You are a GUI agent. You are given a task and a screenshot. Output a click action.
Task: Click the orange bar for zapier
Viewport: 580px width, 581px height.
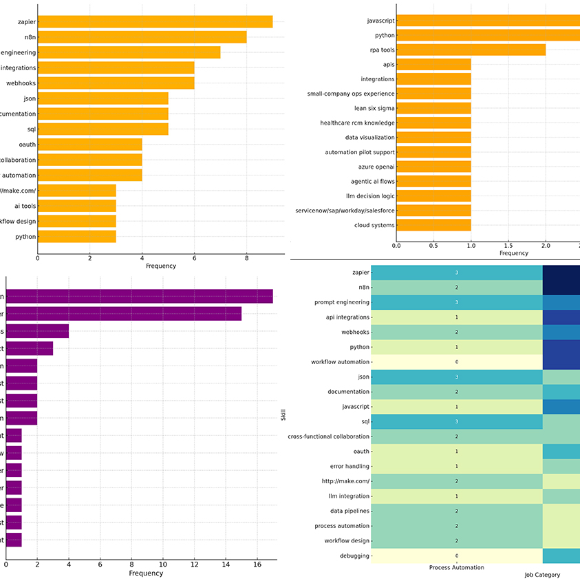point(155,22)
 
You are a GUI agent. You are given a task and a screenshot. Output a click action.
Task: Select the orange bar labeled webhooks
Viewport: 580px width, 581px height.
point(116,83)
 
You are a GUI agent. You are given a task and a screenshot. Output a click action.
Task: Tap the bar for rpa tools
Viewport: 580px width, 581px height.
point(471,50)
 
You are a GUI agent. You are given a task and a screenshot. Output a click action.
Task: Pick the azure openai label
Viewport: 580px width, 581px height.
point(376,167)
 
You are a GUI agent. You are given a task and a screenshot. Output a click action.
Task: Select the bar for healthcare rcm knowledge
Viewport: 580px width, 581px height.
point(433,123)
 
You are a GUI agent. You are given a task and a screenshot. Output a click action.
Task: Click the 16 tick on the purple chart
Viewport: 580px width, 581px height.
point(257,564)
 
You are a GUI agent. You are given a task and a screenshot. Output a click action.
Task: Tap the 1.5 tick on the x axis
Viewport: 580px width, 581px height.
point(508,245)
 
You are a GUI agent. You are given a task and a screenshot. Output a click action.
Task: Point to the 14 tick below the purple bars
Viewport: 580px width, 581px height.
point(226,564)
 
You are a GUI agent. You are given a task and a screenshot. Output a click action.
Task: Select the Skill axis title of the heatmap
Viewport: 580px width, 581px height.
point(283,415)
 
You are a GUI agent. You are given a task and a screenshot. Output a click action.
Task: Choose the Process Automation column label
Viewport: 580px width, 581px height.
point(456,567)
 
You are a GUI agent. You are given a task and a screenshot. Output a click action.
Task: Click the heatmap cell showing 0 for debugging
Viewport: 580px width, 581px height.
point(456,556)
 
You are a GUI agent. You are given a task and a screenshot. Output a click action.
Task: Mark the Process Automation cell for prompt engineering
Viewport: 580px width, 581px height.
point(456,302)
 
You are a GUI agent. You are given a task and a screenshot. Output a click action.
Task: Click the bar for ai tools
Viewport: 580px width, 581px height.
point(76,206)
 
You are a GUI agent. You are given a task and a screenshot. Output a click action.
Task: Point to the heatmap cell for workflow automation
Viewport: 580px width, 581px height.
point(456,361)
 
